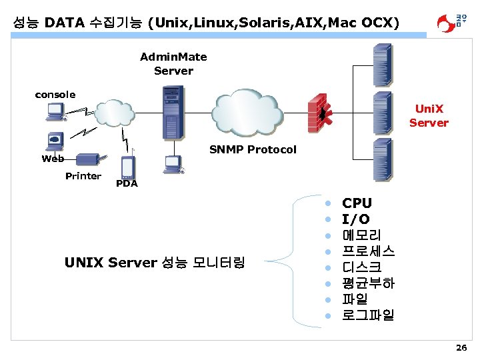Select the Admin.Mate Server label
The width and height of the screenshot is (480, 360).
coord(173,64)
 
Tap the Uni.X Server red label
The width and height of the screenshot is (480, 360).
coord(429,115)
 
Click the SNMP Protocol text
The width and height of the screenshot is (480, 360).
coord(253,149)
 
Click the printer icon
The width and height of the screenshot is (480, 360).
coord(87,160)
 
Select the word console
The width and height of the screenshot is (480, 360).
coord(55,95)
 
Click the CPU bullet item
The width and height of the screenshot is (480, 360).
coord(357,203)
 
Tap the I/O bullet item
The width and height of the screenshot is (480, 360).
coord(356,219)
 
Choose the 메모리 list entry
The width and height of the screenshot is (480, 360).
coord(361,235)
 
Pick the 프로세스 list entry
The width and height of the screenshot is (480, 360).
coord(368,251)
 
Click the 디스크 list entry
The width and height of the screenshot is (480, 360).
coord(361,267)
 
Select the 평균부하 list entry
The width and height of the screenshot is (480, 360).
coord(368,283)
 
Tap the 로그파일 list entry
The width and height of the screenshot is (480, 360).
coord(368,315)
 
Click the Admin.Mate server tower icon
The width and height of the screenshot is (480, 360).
coord(173,113)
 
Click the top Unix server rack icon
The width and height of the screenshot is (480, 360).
coord(383,59)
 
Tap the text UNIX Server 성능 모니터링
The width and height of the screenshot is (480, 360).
coord(155,263)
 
